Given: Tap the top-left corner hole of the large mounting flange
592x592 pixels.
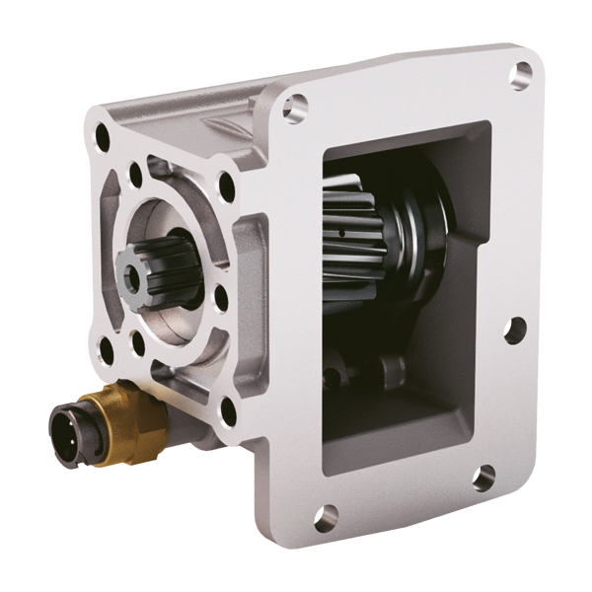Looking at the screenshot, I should click(x=293, y=107).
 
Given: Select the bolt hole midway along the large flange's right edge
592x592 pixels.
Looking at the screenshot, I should click(x=513, y=331).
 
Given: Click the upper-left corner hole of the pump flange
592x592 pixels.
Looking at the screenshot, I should click(x=102, y=139).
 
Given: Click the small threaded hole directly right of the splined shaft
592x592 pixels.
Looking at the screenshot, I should click(x=220, y=295).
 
